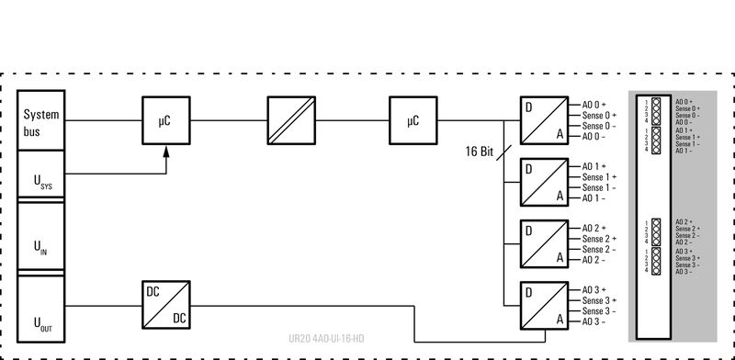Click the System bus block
click(x=41, y=121)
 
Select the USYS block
click(x=41, y=177)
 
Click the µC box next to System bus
click(x=165, y=119)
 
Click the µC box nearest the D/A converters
click(x=412, y=119)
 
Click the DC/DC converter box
click(x=165, y=303)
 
